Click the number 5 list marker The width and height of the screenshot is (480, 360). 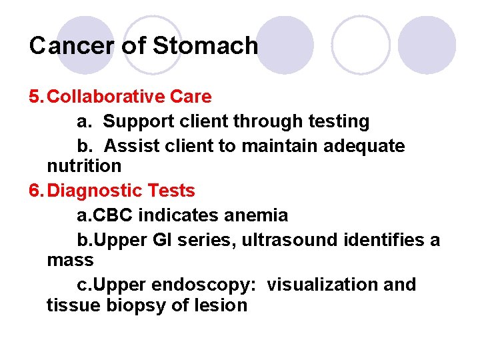[x=35, y=97]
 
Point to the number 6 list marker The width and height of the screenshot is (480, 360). [x=35, y=191]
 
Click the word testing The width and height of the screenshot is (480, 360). [x=339, y=121]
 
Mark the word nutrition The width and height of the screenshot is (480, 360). [x=84, y=165]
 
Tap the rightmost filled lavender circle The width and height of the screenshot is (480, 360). [x=427, y=44]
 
